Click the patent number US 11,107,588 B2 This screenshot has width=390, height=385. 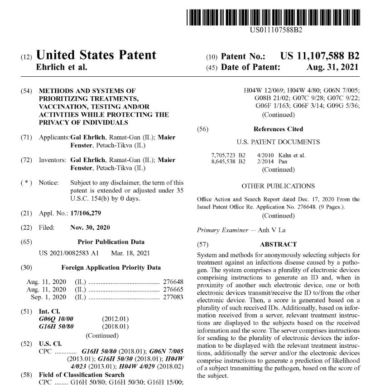(x=319, y=56)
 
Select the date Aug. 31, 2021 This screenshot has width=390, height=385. (x=332, y=67)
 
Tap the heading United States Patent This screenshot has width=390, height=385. (x=96, y=55)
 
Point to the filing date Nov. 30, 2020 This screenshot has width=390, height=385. (x=90, y=227)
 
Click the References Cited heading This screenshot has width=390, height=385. (x=278, y=129)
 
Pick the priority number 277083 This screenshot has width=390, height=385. (x=173, y=297)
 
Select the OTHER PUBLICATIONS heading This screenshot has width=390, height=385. (x=278, y=186)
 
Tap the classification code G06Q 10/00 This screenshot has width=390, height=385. (x=56, y=319)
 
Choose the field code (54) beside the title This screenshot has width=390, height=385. (x=26, y=91)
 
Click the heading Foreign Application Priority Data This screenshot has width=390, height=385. (x=111, y=267)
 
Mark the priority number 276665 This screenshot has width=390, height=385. (x=173, y=289)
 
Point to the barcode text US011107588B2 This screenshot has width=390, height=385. (x=276, y=30)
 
